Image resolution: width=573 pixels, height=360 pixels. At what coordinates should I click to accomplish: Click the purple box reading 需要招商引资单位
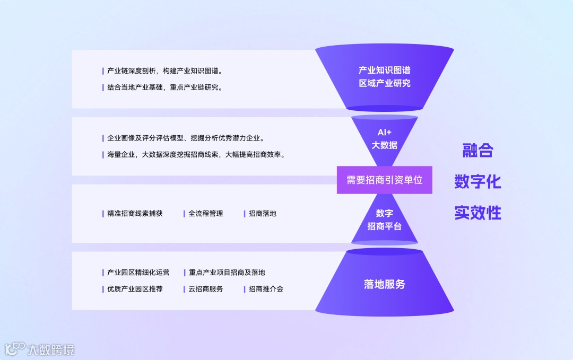(x=385, y=180)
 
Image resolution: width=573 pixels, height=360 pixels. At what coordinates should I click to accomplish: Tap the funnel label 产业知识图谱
(x=385, y=70)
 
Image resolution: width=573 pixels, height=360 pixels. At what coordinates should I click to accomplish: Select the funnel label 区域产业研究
(x=385, y=83)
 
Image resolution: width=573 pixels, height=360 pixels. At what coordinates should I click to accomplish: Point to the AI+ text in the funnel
(x=385, y=132)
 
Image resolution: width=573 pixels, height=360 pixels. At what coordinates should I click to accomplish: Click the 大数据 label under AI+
(x=385, y=145)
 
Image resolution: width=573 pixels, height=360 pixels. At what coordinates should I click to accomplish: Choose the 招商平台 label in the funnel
(x=385, y=226)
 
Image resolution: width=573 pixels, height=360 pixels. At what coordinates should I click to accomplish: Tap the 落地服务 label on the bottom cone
(x=385, y=284)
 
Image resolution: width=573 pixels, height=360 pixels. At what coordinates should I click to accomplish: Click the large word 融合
(x=477, y=151)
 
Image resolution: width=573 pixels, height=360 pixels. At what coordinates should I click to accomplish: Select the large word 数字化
(x=477, y=182)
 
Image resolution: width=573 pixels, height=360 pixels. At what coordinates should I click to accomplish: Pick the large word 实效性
(x=477, y=213)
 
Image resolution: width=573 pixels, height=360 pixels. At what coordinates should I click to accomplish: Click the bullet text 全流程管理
(x=206, y=214)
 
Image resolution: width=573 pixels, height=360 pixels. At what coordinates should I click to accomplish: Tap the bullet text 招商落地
(x=263, y=214)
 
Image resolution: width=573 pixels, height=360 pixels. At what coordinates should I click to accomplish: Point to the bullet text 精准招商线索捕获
(x=135, y=214)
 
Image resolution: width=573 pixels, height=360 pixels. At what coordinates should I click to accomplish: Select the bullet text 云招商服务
(x=206, y=289)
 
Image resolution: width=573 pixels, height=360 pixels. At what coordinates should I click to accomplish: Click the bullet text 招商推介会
(x=266, y=289)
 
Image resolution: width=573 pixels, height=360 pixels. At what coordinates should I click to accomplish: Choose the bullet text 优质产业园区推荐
(x=135, y=289)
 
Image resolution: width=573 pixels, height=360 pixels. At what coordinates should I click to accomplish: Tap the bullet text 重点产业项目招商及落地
(x=227, y=273)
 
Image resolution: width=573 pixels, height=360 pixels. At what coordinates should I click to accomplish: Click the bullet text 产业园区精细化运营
(x=138, y=273)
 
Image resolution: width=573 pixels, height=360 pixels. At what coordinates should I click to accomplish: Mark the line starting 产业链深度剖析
(x=164, y=71)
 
